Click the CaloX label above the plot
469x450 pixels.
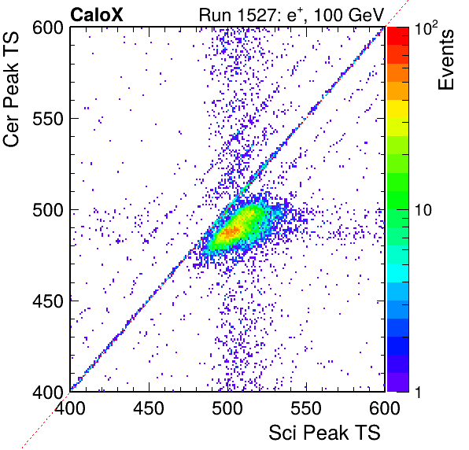pyautogui.click(x=97, y=15)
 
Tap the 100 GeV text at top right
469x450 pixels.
pyautogui.click(x=349, y=15)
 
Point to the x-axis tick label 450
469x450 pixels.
pyautogui.click(x=149, y=408)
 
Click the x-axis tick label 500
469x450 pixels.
pyautogui.click(x=227, y=408)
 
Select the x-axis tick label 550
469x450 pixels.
pyautogui.click(x=306, y=408)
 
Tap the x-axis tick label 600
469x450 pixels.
pyautogui.click(x=385, y=408)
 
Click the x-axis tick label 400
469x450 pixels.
pyautogui.click(x=70, y=408)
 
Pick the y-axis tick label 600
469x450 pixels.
pyautogui.click(x=48, y=28)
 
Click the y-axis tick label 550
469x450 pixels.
pyautogui.click(x=48, y=120)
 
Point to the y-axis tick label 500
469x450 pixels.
pyautogui.click(x=48, y=211)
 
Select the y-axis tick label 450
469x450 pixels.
pyautogui.click(x=48, y=301)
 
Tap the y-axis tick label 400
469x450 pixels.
pyautogui.click(x=48, y=392)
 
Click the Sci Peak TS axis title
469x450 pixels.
pyautogui.click(x=324, y=433)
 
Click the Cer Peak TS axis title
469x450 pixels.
pyautogui.click(x=11, y=90)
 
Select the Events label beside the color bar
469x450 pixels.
pyautogui.click(x=446, y=59)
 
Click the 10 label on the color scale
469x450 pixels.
pyautogui.click(x=423, y=211)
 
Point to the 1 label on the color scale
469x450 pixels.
pyautogui.click(x=418, y=392)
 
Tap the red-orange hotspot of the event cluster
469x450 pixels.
pyautogui.click(x=230, y=232)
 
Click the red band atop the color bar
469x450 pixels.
pyautogui.click(x=398, y=36)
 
